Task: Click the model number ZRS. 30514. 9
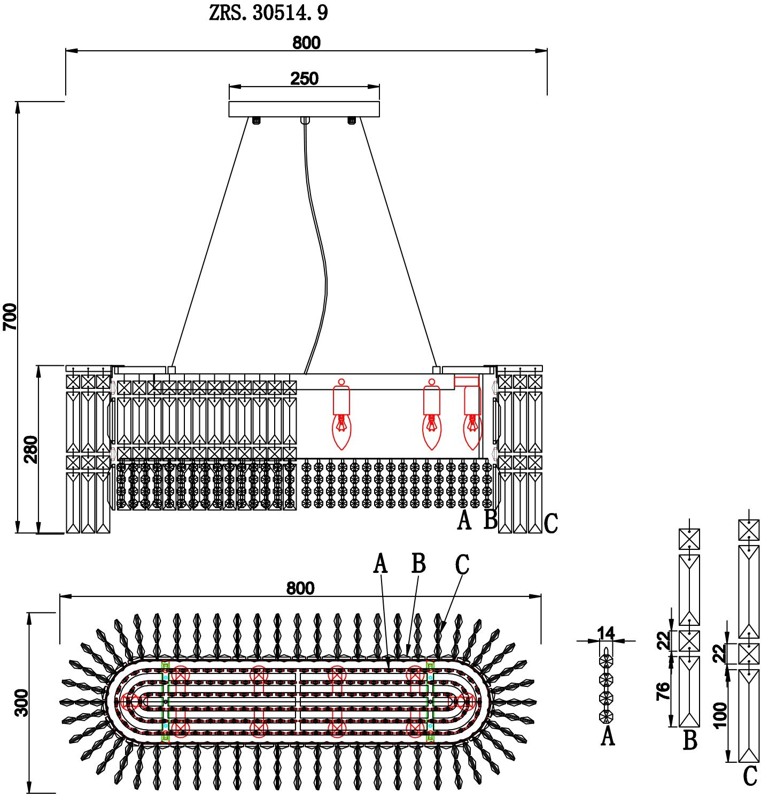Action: point(268,13)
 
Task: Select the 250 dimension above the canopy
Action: point(304,79)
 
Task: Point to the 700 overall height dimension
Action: point(11,316)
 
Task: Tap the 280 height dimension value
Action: point(31,449)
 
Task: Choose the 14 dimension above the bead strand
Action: point(606,633)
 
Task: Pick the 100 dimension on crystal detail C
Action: point(720,715)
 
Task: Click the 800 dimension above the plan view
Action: point(300,588)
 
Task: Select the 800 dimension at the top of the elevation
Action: point(306,43)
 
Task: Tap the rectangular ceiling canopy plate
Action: point(304,109)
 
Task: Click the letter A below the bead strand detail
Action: point(608,736)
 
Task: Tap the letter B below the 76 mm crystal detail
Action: point(690,741)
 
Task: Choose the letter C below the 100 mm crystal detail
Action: point(750,776)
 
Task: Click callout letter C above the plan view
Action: point(462,565)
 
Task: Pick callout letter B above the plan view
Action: point(418,563)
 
